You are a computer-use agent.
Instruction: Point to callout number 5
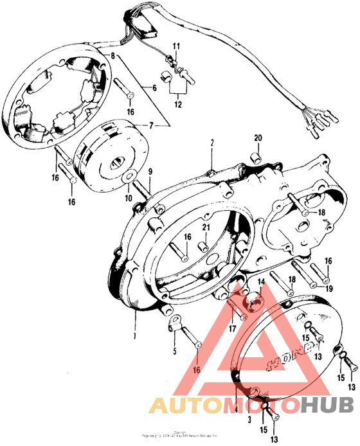173,350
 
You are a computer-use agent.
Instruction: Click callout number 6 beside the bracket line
154,87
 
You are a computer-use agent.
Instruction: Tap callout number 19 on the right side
328,289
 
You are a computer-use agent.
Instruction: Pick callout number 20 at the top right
258,139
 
